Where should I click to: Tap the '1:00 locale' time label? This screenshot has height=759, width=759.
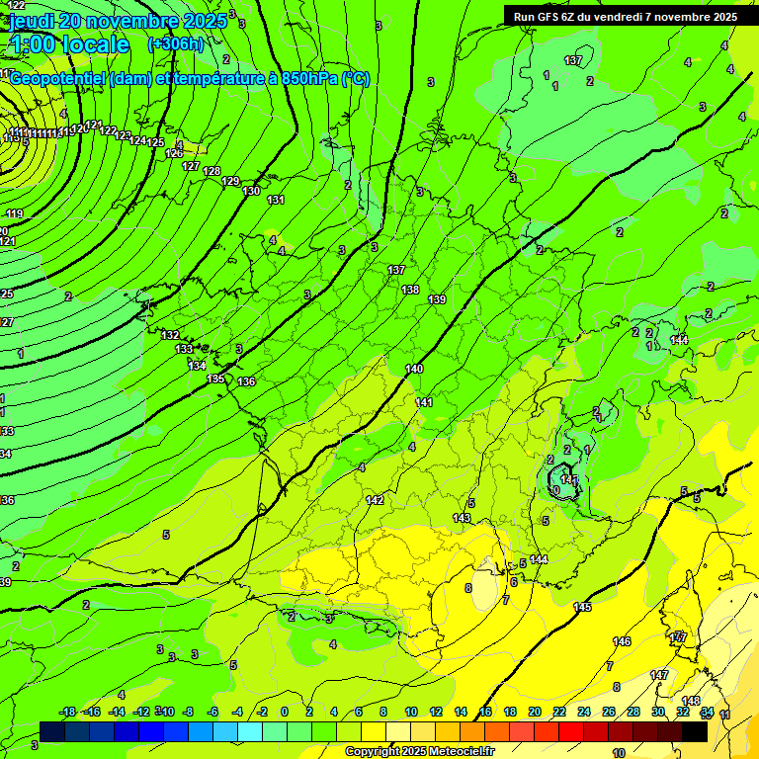(69, 44)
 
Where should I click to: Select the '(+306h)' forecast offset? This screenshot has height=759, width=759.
(175, 44)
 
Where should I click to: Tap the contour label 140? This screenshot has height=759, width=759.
(414, 369)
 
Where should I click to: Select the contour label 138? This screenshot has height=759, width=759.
(410, 290)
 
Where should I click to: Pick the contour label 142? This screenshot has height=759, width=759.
(375, 501)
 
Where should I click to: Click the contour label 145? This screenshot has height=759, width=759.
(582, 607)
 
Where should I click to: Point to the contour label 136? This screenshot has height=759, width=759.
(246, 381)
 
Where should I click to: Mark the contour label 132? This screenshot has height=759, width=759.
(170, 336)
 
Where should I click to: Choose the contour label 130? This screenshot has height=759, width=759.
(252, 191)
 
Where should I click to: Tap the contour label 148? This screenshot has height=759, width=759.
(691, 701)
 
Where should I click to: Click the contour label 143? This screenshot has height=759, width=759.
(462, 519)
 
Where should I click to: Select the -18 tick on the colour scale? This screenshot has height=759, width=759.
(67, 712)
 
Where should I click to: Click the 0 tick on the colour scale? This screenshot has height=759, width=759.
(285, 712)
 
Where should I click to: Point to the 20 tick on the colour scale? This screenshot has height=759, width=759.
(535, 712)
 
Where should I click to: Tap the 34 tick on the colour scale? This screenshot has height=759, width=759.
(707, 712)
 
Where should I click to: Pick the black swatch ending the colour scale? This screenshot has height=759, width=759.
(694, 731)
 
